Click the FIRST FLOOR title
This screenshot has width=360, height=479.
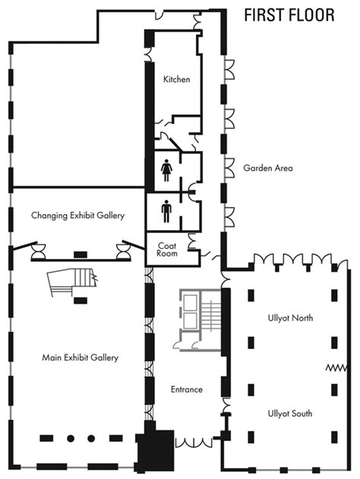(289, 15)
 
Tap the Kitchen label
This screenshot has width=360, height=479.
(177, 80)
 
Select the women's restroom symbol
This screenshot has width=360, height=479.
(166, 170)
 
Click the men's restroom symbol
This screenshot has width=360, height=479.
(166, 211)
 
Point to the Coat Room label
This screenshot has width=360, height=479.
(167, 249)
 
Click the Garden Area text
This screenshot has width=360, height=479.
(268, 168)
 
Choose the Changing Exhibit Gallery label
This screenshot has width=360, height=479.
(78, 216)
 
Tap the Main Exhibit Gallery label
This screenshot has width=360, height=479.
(80, 358)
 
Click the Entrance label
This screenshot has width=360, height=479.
(187, 389)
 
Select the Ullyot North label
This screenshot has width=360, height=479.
(290, 318)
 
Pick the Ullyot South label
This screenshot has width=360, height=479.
(290, 414)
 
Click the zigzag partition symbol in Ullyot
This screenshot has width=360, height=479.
(336, 367)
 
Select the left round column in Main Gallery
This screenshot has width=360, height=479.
(71, 439)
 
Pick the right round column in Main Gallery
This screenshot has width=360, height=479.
(91, 439)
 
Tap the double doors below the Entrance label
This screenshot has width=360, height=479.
(194, 443)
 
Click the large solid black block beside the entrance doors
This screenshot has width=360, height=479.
(155, 450)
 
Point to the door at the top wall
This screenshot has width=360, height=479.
(159, 14)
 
